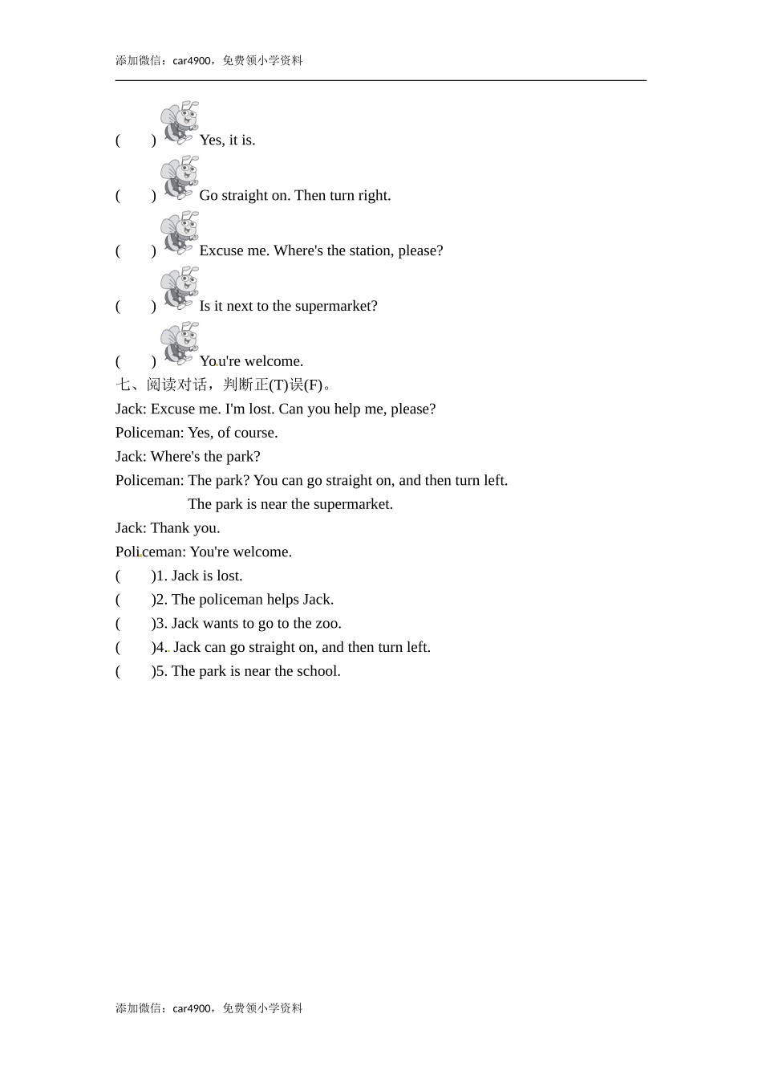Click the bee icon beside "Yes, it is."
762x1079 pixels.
179,122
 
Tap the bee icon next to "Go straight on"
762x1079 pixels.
179,177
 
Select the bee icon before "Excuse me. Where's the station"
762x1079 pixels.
179,233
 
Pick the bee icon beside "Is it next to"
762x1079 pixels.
179,288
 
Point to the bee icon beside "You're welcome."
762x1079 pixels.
179,344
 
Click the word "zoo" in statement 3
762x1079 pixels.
327,624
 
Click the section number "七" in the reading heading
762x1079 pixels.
123,385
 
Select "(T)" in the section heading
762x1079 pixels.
278,385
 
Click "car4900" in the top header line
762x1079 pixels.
192,61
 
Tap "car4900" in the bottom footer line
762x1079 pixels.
192,1009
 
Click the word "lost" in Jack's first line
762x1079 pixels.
261,409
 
